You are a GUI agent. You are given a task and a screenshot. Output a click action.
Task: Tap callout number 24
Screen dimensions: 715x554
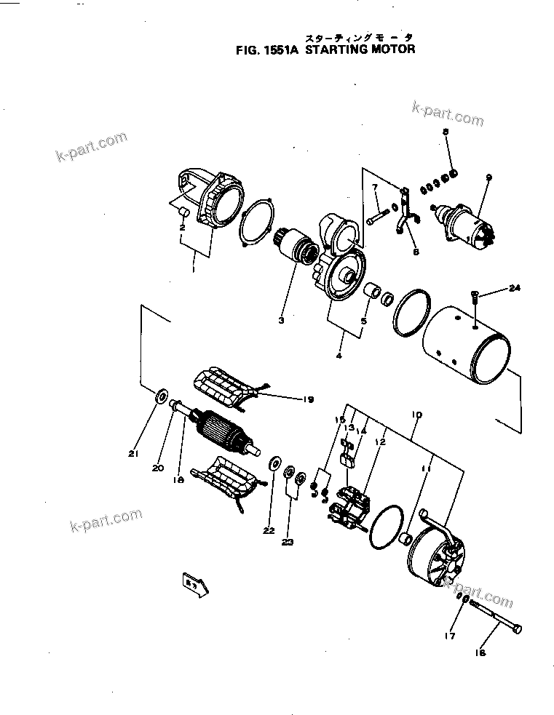pos(515,289)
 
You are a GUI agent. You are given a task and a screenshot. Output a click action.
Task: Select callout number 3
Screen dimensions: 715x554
pos(280,319)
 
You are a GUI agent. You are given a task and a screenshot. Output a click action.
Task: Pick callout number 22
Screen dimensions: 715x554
pos(269,530)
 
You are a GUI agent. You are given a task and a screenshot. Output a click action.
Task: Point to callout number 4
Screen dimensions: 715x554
pos(339,356)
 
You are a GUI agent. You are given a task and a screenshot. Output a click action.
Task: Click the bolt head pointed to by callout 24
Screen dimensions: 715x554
pos(475,294)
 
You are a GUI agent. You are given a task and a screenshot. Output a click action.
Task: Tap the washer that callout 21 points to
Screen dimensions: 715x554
pos(159,396)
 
